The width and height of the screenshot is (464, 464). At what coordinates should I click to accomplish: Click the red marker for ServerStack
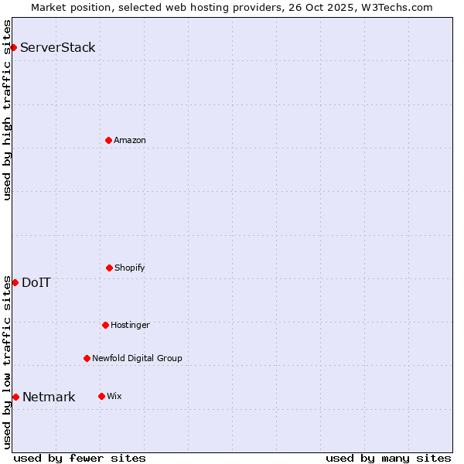point(13,47)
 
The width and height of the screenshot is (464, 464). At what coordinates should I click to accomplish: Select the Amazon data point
point(108,140)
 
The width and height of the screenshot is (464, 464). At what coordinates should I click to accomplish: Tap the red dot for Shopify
point(109,268)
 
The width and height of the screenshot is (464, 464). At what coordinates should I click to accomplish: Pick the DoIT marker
point(15,282)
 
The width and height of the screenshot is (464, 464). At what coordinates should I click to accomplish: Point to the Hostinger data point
point(105,325)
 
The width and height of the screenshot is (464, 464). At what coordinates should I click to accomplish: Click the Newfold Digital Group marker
point(87,358)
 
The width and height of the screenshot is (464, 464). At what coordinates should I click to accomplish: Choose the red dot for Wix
point(101,396)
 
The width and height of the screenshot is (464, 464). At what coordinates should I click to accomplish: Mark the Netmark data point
point(15,397)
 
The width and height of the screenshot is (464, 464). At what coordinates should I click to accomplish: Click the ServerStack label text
point(58,47)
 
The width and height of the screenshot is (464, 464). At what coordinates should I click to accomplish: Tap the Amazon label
point(130,140)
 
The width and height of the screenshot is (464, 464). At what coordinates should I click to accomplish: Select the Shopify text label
point(130,268)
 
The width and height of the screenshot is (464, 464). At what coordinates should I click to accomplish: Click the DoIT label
point(36,282)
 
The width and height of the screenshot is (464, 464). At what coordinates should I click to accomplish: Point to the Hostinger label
point(130,325)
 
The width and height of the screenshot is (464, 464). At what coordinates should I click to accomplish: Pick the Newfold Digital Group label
point(137,358)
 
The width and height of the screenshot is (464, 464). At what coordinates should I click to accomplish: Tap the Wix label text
point(114,396)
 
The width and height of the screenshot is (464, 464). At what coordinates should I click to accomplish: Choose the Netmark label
point(49,397)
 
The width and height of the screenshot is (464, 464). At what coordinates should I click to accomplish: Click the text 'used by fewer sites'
point(80,458)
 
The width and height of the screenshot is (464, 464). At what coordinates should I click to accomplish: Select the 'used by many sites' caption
point(388,458)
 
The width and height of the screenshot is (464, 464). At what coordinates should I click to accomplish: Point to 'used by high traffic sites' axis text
point(7,110)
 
